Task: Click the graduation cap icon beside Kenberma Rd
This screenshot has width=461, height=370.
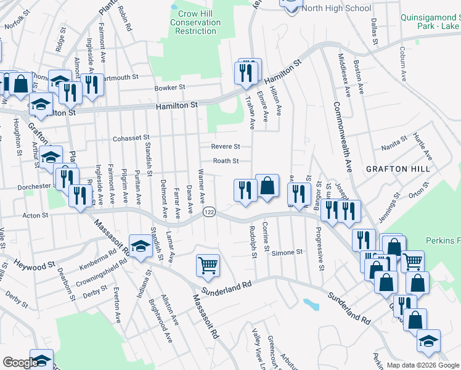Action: coord(141,245)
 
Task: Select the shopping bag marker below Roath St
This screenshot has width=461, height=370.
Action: coord(267,186)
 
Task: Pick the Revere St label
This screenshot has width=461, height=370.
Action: coord(225,147)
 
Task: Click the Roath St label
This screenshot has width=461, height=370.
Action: coord(226,161)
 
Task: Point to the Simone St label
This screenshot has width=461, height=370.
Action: coord(287,252)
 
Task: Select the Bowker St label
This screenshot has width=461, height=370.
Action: coord(170,88)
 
